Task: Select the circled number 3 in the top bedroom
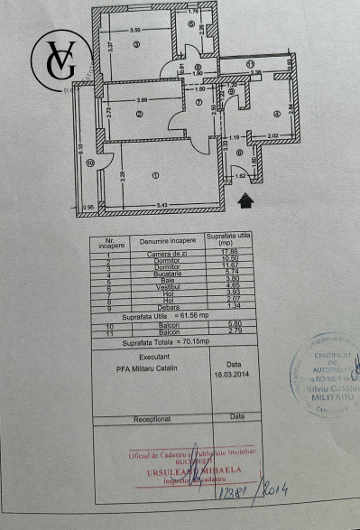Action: click(x=136, y=44)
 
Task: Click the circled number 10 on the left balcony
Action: click(x=90, y=163)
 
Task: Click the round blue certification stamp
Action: click(x=323, y=377)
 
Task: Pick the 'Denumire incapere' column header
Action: click(x=168, y=241)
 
